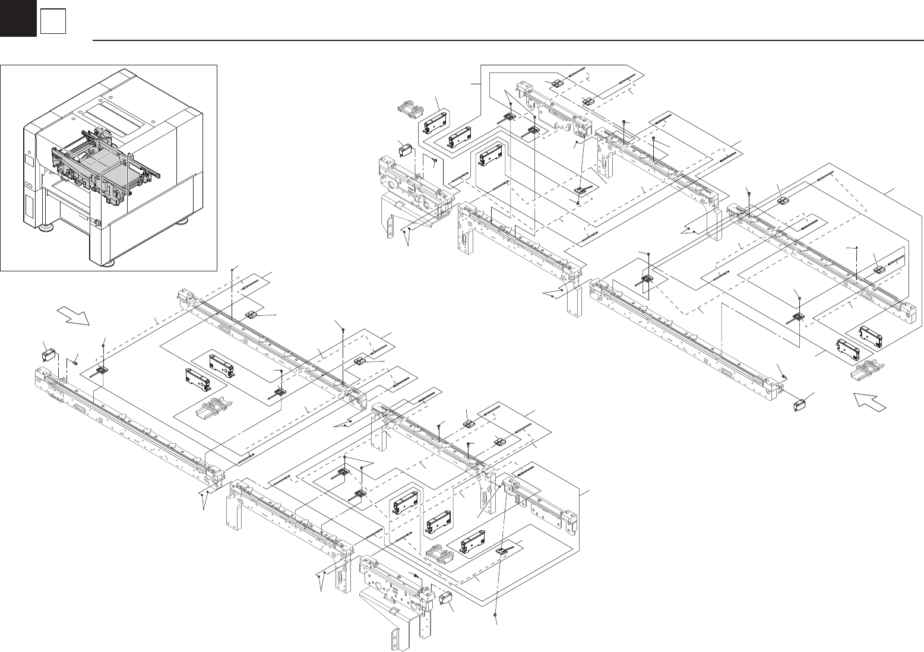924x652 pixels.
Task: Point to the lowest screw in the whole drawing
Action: [x=496, y=618]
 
